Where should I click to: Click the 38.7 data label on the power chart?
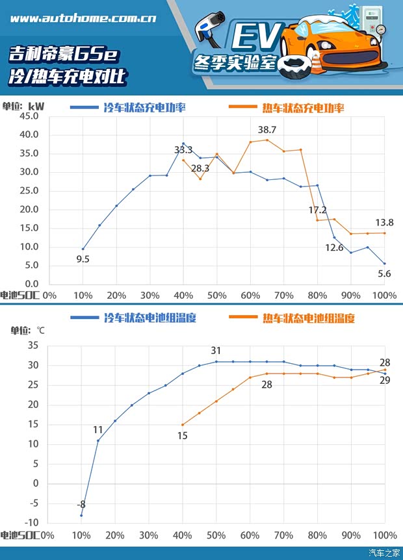tap(267, 130)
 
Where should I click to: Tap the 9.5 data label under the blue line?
tap(83, 260)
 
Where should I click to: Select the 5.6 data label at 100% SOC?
tap(384, 274)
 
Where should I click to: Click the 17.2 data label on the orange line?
tap(317, 210)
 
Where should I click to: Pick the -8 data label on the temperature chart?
tap(81, 504)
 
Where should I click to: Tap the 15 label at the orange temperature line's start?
tap(183, 436)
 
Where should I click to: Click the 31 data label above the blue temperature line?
tap(216, 351)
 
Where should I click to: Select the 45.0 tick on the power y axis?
tap(30, 116)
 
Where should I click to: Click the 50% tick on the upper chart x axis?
tap(216, 296)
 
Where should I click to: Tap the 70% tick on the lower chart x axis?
tap(283, 535)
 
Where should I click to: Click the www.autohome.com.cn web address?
tap(83, 18)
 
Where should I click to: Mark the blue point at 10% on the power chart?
tap(83, 249)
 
